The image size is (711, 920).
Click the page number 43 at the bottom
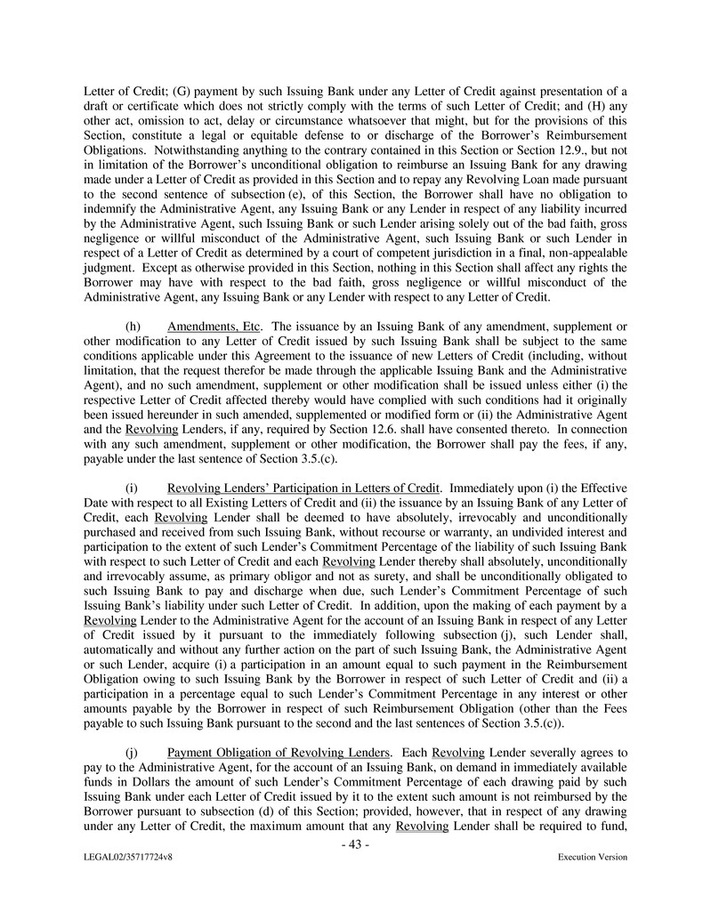point(355,843)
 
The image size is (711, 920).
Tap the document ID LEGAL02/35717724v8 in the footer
point(123,857)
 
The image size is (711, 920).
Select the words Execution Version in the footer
point(592,857)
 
